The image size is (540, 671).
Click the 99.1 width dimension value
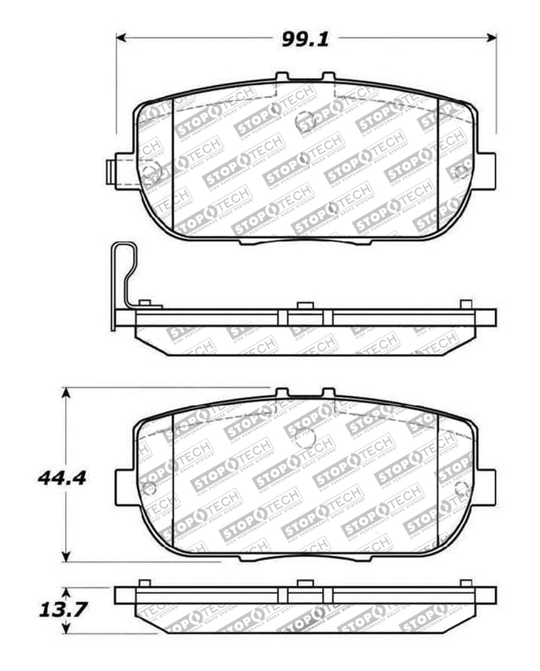pyautogui.click(x=305, y=40)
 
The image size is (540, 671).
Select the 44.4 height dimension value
pyautogui.click(x=61, y=478)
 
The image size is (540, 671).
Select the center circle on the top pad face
pyautogui.click(x=305, y=121)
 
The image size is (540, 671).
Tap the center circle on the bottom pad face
pyautogui.click(x=305, y=438)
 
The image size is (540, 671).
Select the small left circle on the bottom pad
pyautogui.click(x=149, y=488)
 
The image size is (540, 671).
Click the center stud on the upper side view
pyautogui.click(x=304, y=305)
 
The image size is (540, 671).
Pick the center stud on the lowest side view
pyautogui.click(x=304, y=583)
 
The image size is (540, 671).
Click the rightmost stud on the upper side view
pyautogui.click(x=466, y=304)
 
